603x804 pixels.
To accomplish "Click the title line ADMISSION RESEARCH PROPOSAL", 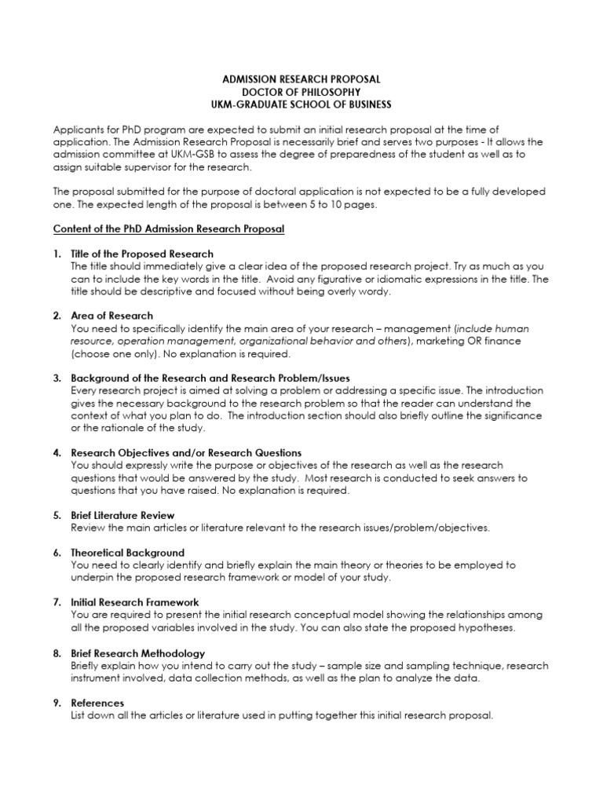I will click(301, 80).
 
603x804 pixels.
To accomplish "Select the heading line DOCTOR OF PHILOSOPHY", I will click(301, 93).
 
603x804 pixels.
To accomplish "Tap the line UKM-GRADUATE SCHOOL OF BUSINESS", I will click(301, 105).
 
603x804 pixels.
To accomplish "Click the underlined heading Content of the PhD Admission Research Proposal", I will click(168, 228).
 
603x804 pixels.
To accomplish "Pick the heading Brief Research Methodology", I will click(137, 652).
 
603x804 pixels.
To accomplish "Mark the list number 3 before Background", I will click(57, 378).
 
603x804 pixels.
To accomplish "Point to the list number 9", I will click(57, 703).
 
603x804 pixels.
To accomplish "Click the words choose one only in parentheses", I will click(105, 354).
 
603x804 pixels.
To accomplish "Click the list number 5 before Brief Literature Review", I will click(57, 515).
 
